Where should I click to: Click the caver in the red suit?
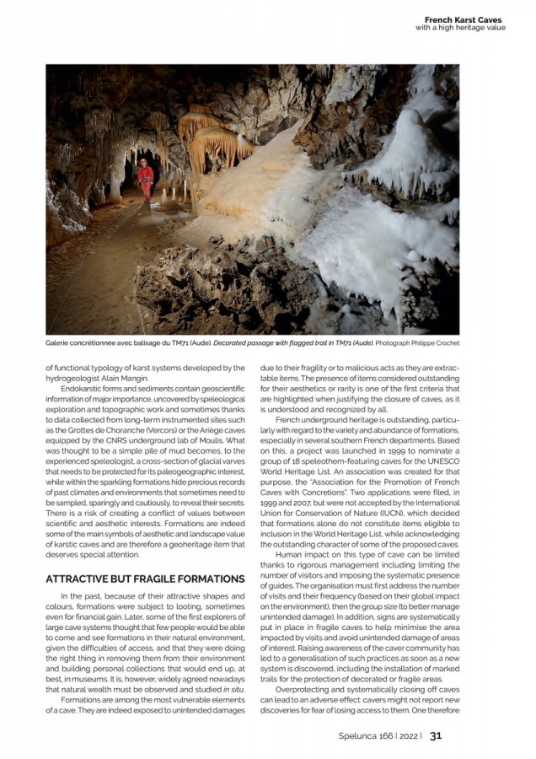click(146, 180)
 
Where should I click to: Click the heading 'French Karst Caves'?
click(462, 19)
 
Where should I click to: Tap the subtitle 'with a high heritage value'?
click(460, 28)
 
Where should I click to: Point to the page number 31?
click(436, 735)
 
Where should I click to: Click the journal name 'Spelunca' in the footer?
click(351, 735)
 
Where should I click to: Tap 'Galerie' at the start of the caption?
click(59, 343)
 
